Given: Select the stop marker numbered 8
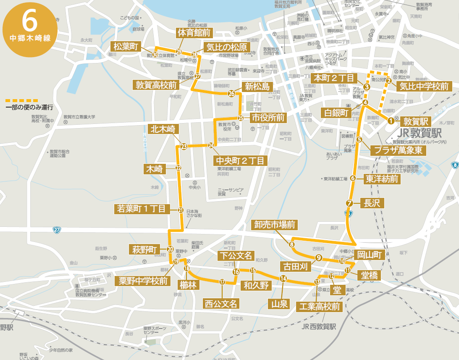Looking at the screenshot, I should [291, 244].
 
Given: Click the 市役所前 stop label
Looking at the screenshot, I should [268, 118].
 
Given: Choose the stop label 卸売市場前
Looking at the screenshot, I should [274, 225].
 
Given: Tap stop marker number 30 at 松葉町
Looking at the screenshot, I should [155, 55].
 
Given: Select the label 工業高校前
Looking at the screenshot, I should [318, 307].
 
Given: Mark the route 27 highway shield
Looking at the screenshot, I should [57, 230].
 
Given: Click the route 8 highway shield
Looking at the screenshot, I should [455, 166].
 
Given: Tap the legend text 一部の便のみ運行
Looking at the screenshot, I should [29, 108].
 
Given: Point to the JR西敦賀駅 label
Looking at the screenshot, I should [319, 326].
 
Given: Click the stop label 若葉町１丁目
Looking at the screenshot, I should [142, 209].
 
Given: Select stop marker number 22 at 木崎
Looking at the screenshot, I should [178, 168].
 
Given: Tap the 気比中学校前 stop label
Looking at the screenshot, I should [423, 87].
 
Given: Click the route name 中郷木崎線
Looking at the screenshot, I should [30, 39].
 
